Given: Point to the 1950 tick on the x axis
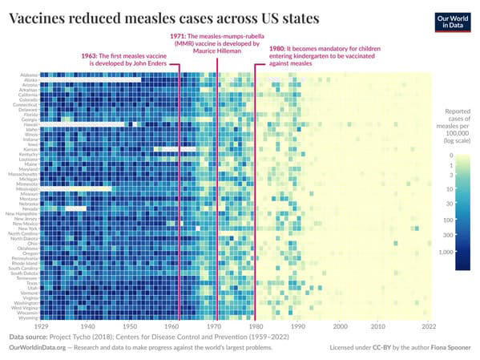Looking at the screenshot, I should (x=129, y=326).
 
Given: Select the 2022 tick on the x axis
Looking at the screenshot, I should (x=429, y=326).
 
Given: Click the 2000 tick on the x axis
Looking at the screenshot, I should (x=341, y=326).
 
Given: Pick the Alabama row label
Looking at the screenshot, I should (x=26, y=75).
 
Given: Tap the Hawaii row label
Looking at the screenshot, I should (x=29, y=124).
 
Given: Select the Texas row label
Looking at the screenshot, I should (x=30, y=283).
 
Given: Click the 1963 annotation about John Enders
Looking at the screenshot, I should (x=127, y=59).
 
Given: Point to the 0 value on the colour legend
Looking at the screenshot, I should (x=452, y=156).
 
